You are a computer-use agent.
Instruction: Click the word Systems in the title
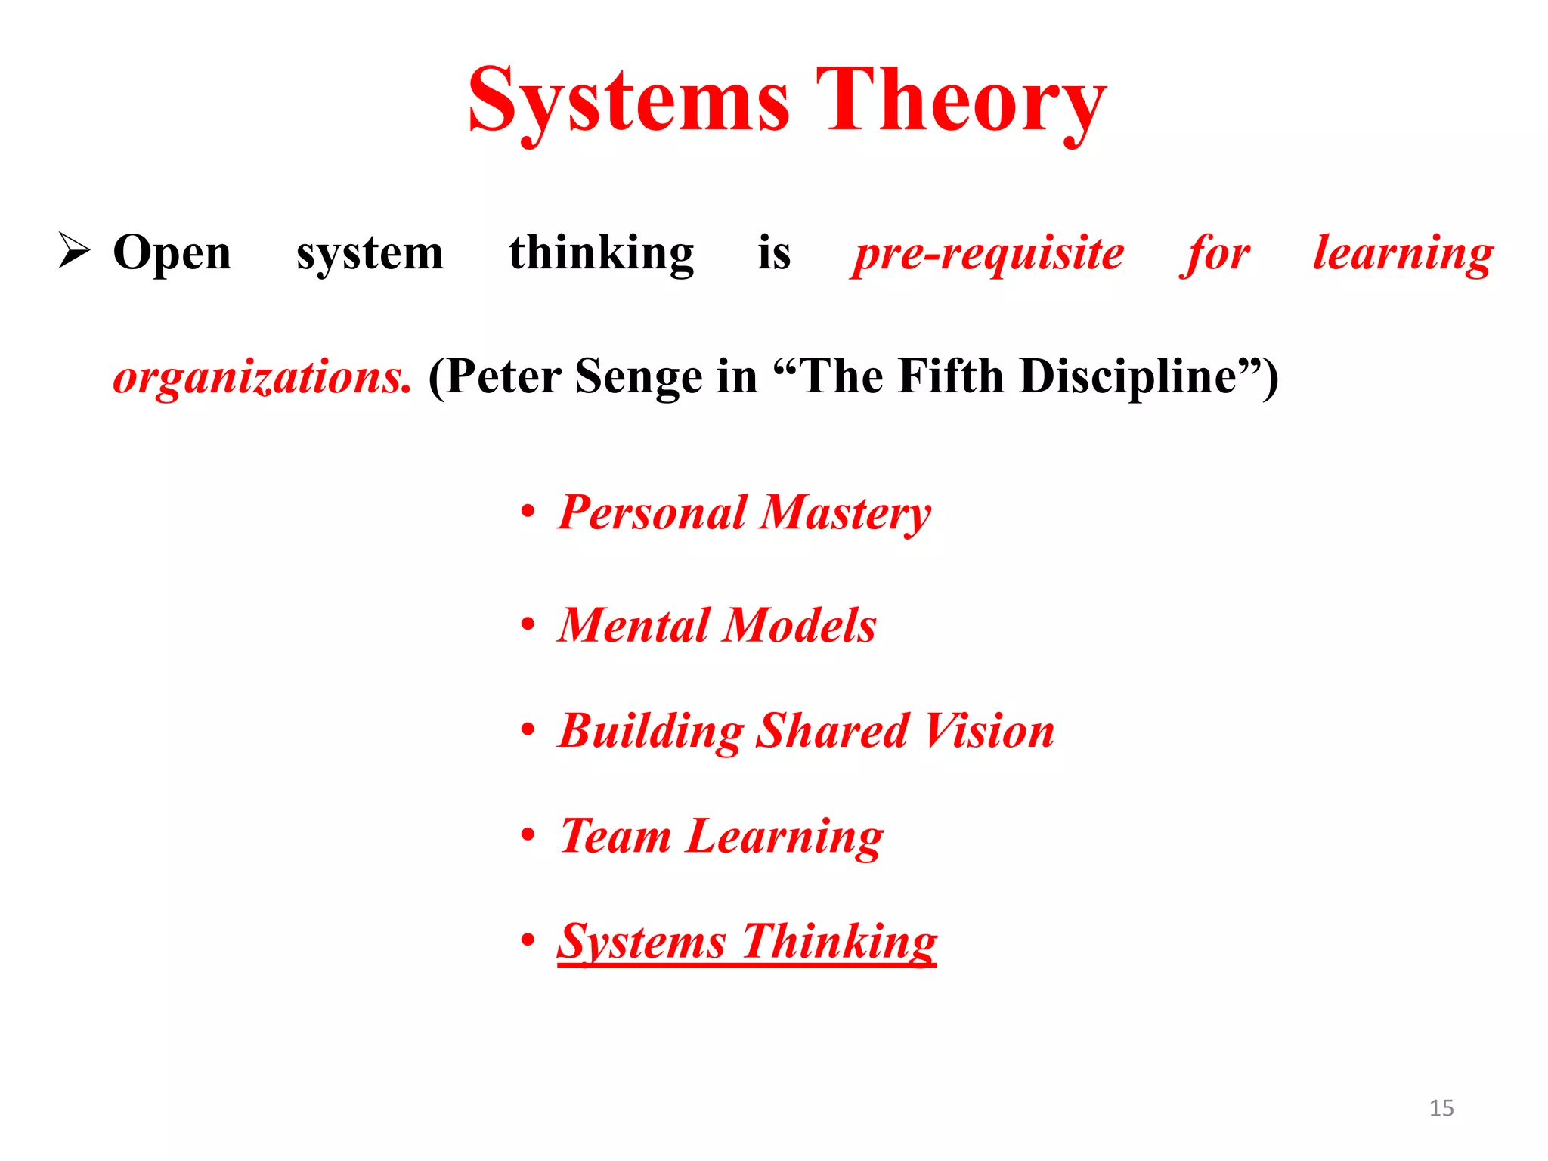click(629, 101)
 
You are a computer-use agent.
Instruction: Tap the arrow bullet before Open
click(74, 250)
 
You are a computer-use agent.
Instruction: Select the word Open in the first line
click(172, 253)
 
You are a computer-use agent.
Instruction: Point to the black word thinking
click(601, 253)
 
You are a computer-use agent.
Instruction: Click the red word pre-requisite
click(987, 253)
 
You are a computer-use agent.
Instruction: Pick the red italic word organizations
click(262, 376)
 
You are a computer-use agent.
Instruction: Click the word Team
click(615, 836)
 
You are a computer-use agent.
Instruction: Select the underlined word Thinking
click(840, 942)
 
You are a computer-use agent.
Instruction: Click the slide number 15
click(1441, 1108)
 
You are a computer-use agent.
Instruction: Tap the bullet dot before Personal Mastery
click(528, 512)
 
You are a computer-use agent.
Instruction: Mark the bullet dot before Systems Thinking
click(528, 940)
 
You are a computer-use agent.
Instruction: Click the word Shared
click(832, 731)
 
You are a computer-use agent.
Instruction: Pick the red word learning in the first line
click(1403, 253)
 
